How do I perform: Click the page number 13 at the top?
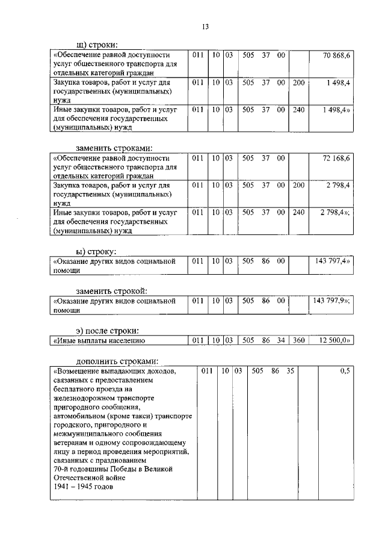tap(205, 26)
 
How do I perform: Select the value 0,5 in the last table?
tap(345, 371)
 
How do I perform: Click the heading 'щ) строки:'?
tap(97, 44)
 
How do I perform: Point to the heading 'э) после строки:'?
tap(107, 330)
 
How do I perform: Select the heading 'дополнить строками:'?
tap(117, 361)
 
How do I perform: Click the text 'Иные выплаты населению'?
tap(96, 341)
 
